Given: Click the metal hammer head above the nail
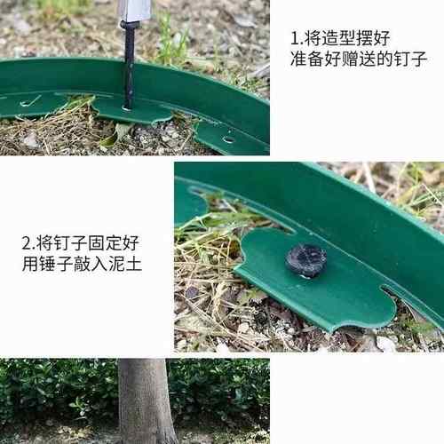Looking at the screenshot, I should (x=135, y=10).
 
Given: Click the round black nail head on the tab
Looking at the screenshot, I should (x=305, y=260).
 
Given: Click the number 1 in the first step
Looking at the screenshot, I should (x=296, y=39).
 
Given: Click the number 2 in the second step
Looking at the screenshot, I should (x=27, y=242).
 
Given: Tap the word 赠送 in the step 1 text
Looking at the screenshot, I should (x=373, y=61).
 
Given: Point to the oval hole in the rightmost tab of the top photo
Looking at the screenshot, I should (x=228, y=139).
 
